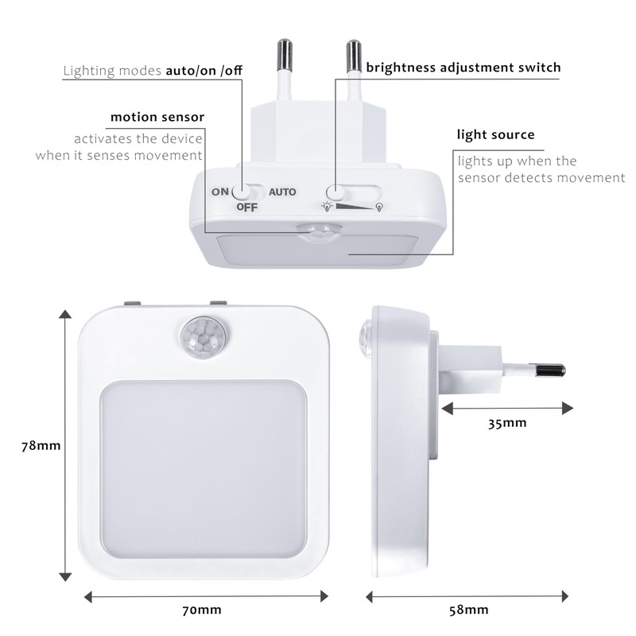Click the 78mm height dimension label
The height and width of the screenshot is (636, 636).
pyautogui.click(x=41, y=445)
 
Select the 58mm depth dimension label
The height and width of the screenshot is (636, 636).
pyautogui.click(x=467, y=610)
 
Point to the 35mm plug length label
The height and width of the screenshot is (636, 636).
pyautogui.click(x=507, y=422)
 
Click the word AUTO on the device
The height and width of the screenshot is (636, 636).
pyautogui.click(x=282, y=192)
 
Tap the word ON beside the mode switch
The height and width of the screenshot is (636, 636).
pyautogui.click(x=219, y=192)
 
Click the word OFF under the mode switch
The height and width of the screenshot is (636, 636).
pyautogui.click(x=247, y=207)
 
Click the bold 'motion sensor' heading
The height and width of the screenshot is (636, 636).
pyautogui.click(x=157, y=117)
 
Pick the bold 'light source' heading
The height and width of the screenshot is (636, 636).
pyautogui.click(x=495, y=134)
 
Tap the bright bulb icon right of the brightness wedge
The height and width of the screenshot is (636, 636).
pyautogui.click(x=379, y=207)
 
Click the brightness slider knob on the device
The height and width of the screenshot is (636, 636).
pyautogui.click(x=335, y=192)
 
